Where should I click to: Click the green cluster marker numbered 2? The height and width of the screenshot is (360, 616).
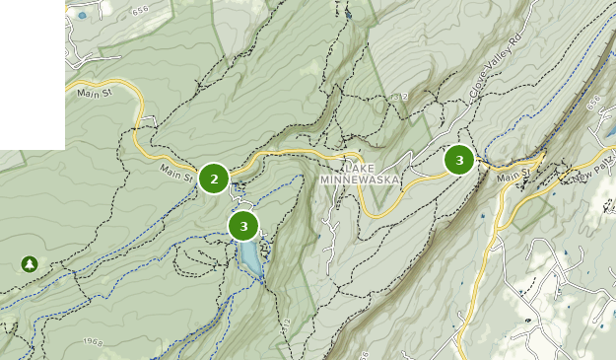point(214,179)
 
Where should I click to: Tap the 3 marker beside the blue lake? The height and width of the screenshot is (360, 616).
point(243,226)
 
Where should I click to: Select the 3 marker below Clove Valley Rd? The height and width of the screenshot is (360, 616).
point(459,159)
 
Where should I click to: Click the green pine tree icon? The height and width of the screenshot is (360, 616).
point(29,263)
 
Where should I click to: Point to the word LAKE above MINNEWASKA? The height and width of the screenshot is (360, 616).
point(359,167)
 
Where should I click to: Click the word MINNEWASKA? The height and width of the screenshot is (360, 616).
point(358,180)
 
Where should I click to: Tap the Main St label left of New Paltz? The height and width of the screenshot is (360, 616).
point(513,177)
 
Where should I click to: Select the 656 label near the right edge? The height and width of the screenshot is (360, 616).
point(591,103)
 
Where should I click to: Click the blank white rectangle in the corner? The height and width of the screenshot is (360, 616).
point(32,74)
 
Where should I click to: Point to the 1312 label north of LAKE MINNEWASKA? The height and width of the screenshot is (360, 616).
point(398,96)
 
